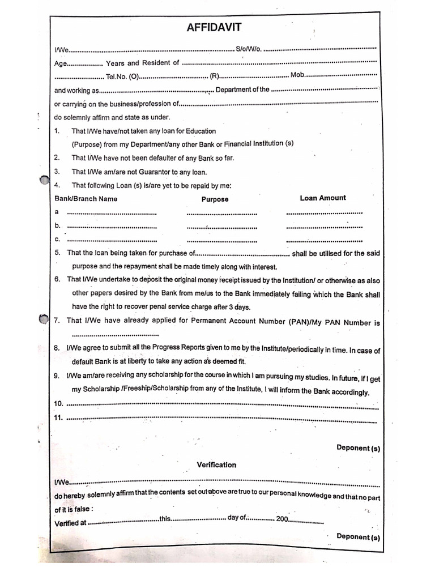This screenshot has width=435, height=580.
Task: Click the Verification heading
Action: coord(216,464)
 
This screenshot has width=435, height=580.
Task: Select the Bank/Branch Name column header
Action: coord(86,199)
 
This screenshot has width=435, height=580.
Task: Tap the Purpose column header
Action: coord(215,199)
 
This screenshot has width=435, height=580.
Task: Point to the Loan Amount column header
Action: coord(323,198)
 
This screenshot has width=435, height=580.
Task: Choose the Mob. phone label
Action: coord(298,75)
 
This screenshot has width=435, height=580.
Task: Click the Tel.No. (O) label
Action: coord(122,76)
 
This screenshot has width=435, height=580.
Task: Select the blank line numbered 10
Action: coord(222,406)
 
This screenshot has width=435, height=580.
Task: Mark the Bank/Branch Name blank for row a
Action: coord(112,213)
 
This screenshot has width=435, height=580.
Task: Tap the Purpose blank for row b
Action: coord(221,227)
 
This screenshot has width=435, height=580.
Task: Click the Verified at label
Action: coord(70,523)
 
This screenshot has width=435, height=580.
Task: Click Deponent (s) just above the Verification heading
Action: coord(358,448)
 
